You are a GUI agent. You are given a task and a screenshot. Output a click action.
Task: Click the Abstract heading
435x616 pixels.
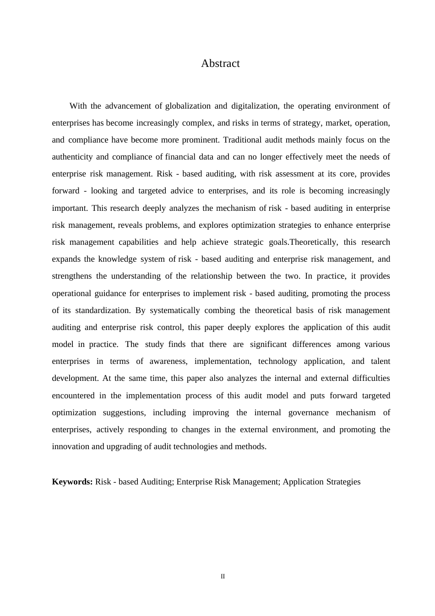(220, 64)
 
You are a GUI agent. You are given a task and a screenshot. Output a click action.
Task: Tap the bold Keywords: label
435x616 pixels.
(72, 482)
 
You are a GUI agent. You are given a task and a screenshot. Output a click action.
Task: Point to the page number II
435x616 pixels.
(223, 577)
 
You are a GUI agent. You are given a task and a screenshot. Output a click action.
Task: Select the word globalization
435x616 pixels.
(188, 106)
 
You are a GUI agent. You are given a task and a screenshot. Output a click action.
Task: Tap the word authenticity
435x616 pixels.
(71, 157)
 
